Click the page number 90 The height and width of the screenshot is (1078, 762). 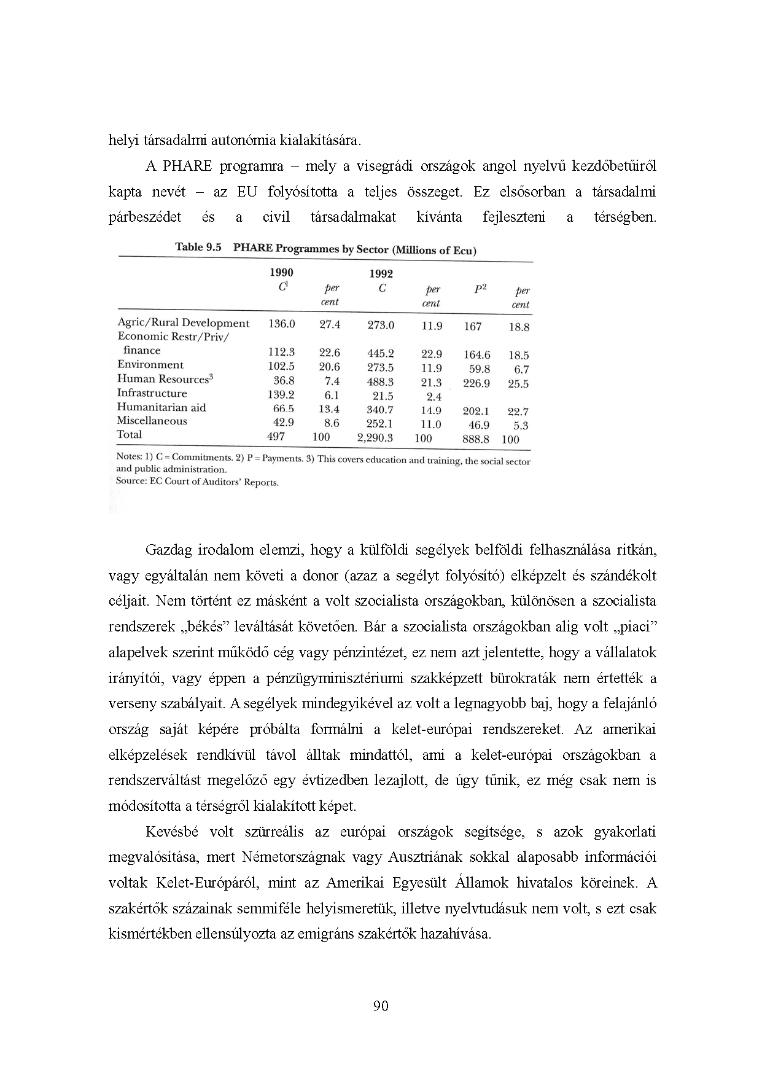click(x=381, y=1006)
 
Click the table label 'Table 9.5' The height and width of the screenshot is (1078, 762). click(x=198, y=247)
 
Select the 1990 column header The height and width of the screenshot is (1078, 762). click(x=281, y=272)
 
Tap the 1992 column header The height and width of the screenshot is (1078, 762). click(x=381, y=273)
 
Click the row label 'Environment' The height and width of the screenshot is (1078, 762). click(x=150, y=364)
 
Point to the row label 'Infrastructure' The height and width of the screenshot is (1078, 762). click(x=152, y=393)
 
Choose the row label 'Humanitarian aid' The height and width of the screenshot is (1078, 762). click(x=161, y=407)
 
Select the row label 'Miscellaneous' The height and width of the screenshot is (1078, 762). click(x=152, y=421)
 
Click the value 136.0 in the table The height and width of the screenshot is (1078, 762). click(x=281, y=324)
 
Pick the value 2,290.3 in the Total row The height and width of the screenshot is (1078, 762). click(x=375, y=438)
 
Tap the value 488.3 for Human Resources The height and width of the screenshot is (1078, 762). click(x=380, y=381)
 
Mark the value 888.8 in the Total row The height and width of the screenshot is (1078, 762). click(x=476, y=439)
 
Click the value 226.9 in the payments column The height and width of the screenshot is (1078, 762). click(x=476, y=383)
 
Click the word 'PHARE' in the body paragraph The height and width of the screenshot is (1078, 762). click(x=187, y=166)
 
